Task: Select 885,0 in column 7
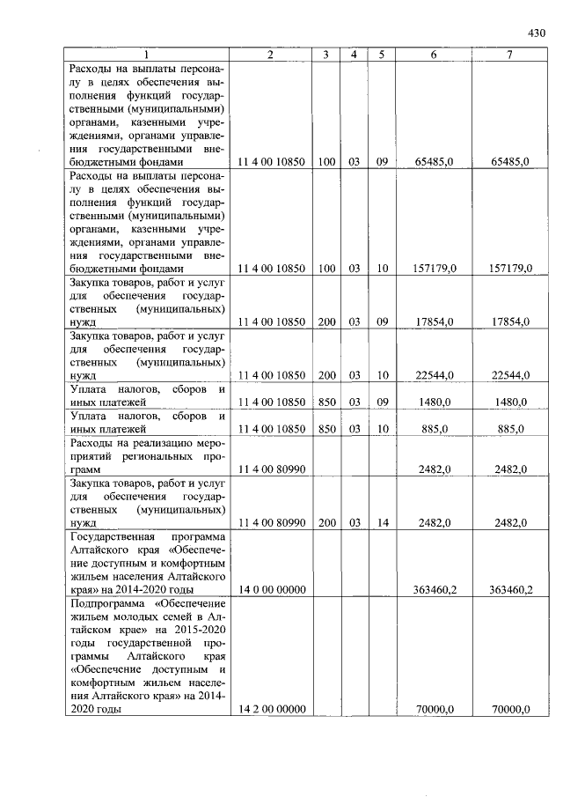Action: (x=509, y=429)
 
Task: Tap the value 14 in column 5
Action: (x=382, y=522)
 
